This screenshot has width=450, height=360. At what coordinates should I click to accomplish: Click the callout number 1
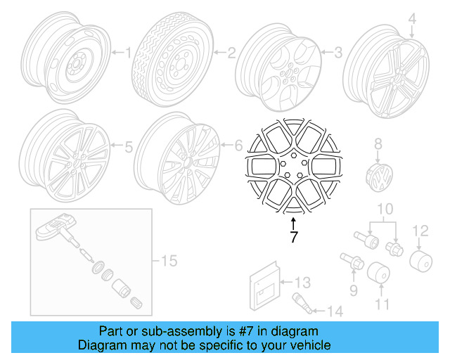128,51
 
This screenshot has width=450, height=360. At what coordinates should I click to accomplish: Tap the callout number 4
413,18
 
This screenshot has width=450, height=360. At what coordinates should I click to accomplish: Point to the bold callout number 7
293,238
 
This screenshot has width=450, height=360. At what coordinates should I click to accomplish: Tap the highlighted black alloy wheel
293,165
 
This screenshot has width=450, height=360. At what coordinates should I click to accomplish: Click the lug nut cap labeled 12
419,262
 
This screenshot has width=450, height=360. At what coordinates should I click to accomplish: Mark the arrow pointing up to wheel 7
293,223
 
